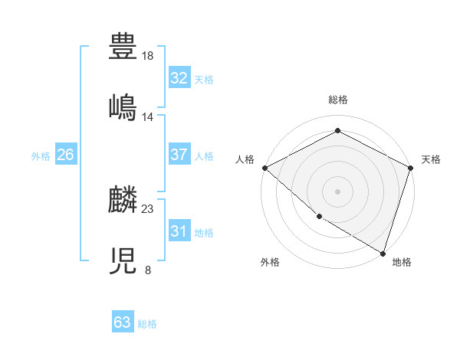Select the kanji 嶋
pos(123,107)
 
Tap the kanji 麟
pos(123,199)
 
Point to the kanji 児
pos(123,260)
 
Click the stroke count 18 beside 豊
pos(148,56)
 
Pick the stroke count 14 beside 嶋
pos(148,117)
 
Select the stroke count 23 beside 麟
pos(148,208)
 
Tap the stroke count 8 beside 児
pos(148,270)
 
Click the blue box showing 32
pos(179,78)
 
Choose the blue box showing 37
pos(179,155)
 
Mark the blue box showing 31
pos(179,231)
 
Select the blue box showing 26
pos(65,155)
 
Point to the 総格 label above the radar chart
pos(338,100)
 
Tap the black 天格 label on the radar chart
pos(431,159)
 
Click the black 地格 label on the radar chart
pos(402,262)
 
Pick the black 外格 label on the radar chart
pos(269,262)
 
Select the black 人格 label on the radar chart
pos(245,159)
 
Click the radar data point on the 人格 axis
pos(264,168)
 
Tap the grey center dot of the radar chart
pos(337,191)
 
